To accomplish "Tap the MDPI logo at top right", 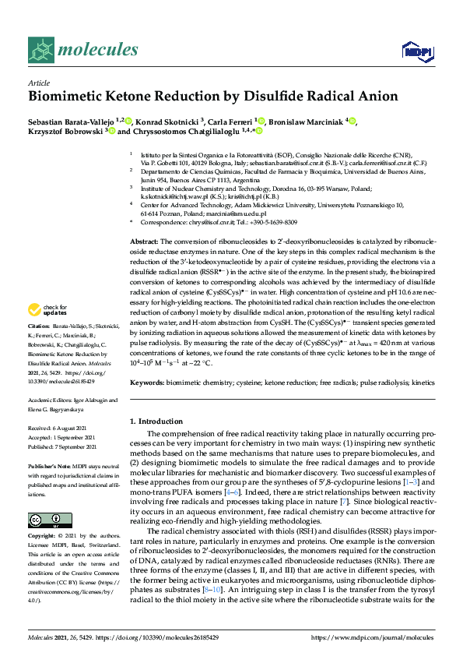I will click(x=416, y=51).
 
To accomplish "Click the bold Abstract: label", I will click(x=142, y=220).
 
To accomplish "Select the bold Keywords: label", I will click(x=148, y=383).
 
